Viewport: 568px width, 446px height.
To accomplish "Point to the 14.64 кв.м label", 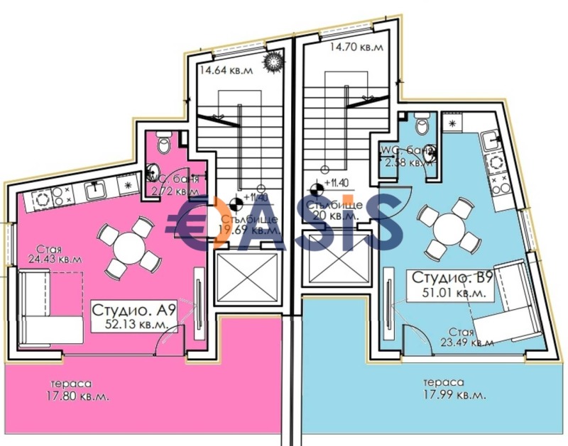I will [226, 70].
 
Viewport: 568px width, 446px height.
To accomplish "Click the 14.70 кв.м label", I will [356, 48].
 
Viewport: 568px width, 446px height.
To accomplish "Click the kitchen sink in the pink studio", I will [95, 189].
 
